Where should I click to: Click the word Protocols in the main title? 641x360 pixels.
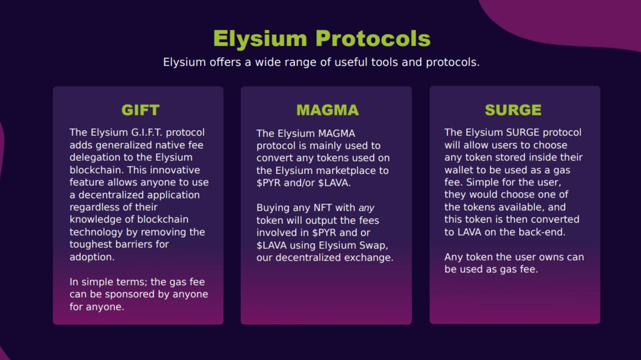(373, 39)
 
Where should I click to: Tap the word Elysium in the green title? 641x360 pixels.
(260, 39)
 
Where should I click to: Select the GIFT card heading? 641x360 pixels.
(140, 110)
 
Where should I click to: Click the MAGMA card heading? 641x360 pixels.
(327, 110)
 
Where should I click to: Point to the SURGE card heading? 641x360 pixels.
(513, 110)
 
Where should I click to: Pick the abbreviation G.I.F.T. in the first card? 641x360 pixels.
(147, 133)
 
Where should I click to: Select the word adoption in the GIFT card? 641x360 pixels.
(92, 257)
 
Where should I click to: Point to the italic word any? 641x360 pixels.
(366, 208)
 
